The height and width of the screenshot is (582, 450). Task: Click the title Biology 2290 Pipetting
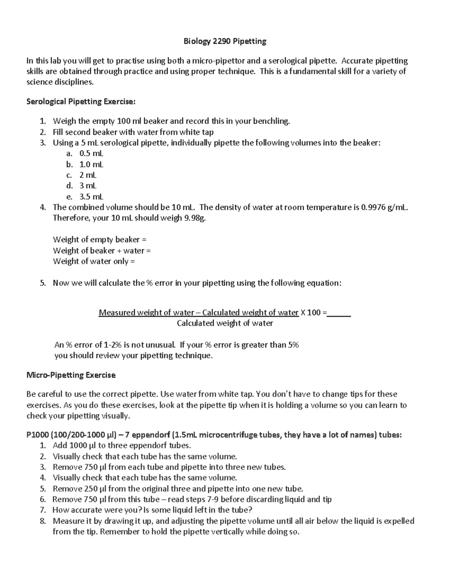tap(225, 42)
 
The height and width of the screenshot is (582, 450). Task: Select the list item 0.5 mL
tap(91, 153)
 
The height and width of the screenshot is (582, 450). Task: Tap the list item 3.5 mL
tap(91, 197)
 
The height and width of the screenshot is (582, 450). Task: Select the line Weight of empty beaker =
tap(99, 239)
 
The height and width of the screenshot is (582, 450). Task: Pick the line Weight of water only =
tap(94, 261)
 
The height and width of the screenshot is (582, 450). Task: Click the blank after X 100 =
tap(339, 313)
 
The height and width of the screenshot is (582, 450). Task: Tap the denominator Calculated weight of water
tap(225, 323)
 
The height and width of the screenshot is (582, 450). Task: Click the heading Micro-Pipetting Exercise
tap(71, 375)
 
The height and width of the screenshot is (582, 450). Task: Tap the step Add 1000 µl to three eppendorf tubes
tap(122, 446)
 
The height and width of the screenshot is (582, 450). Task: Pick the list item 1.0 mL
tap(91, 164)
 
